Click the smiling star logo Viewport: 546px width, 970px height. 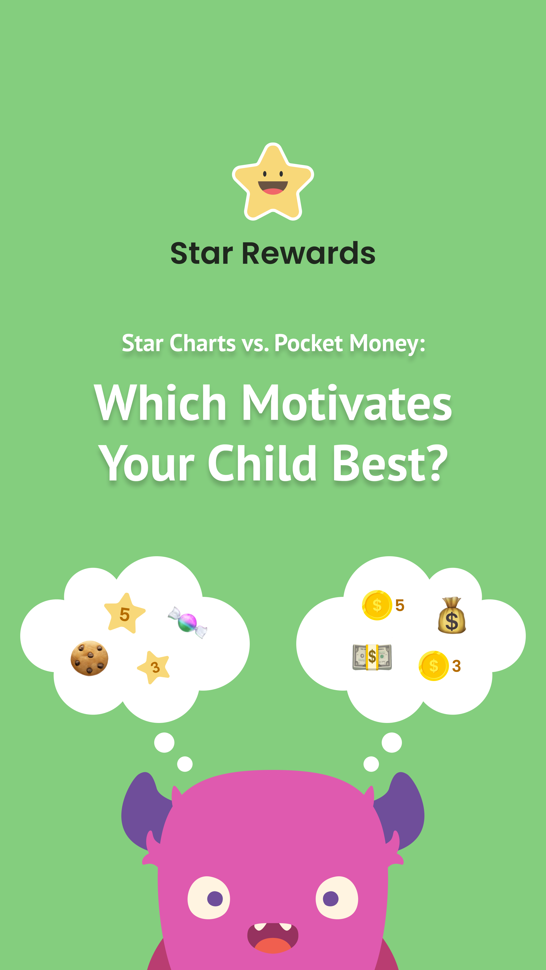pyautogui.click(x=273, y=182)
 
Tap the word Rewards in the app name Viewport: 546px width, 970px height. pyautogui.click(x=308, y=253)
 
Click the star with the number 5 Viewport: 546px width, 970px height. pyautogui.click(x=124, y=613)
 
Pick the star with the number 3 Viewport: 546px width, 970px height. pyautogui.click(x=154, y=667)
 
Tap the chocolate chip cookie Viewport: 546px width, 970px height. pyautogui.click(x=89, y=658)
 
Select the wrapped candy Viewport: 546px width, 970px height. pyautogui.click(x=187, y=622)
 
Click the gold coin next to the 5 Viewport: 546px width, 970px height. pyautogui.click(x=377, y=605)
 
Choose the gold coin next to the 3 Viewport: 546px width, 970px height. pyautogui.click(x=433, y=666)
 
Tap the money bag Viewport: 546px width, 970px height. pyautogui.click(x=451, y=616)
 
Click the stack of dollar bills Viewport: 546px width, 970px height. pyautogui.click(x=372, y=657)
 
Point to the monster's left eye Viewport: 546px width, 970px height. pyautogui.click(x=209, y=898)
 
